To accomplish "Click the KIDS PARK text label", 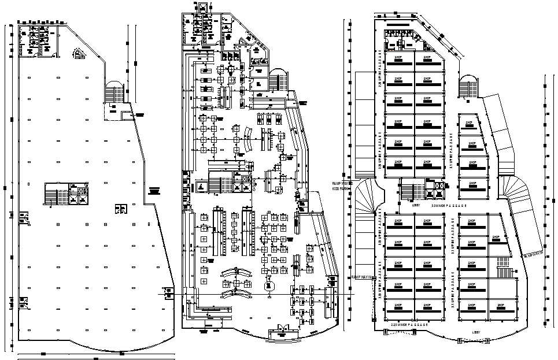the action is tap(341, 189).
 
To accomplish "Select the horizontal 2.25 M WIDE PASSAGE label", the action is tap(409, 325).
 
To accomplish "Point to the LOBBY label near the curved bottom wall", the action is tap(476, 332).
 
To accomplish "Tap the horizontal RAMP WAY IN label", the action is tap(361, 277).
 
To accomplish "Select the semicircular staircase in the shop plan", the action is tap(467, 87).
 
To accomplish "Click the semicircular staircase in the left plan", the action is tap(114, 92).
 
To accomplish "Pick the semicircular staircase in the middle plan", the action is tap(278, 80).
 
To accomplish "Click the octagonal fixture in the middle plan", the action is tap(268, 285).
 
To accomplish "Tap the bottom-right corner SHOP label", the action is tap(500, 306).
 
